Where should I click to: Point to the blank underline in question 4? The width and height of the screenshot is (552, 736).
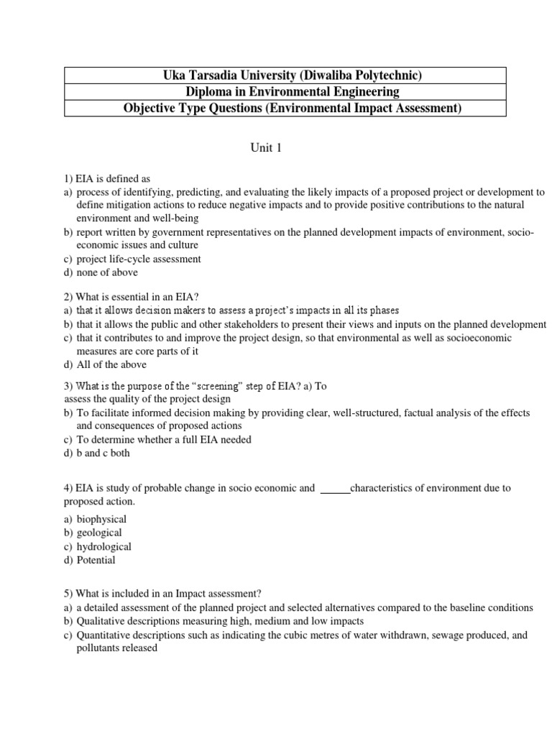point(334,488)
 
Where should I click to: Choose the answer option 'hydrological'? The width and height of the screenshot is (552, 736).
point(104,546)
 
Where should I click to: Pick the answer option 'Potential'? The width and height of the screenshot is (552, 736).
point(96,560)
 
